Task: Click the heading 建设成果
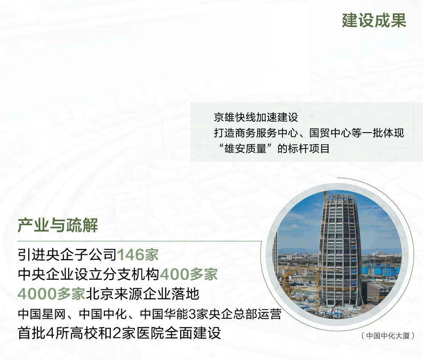click(374, 20)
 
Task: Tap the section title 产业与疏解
click(58, 225)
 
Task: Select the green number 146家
click(137, 255)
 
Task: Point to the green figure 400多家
click(189, 274)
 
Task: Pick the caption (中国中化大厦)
click(387, 336)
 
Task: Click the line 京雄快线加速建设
click(256, 117)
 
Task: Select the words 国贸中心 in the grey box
click(330, 133)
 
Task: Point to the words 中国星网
click(42, 314)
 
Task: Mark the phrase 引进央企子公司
click(67, 255)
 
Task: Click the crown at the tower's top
click(340, 198)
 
